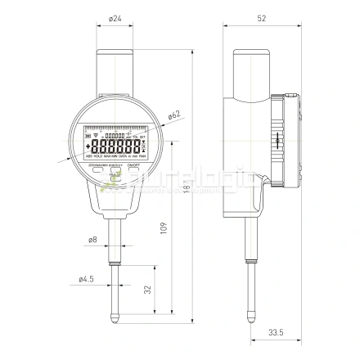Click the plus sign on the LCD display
coord(88,145)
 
